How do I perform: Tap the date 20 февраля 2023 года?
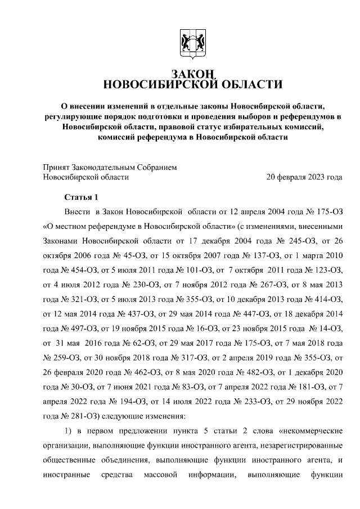pos(304,177)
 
